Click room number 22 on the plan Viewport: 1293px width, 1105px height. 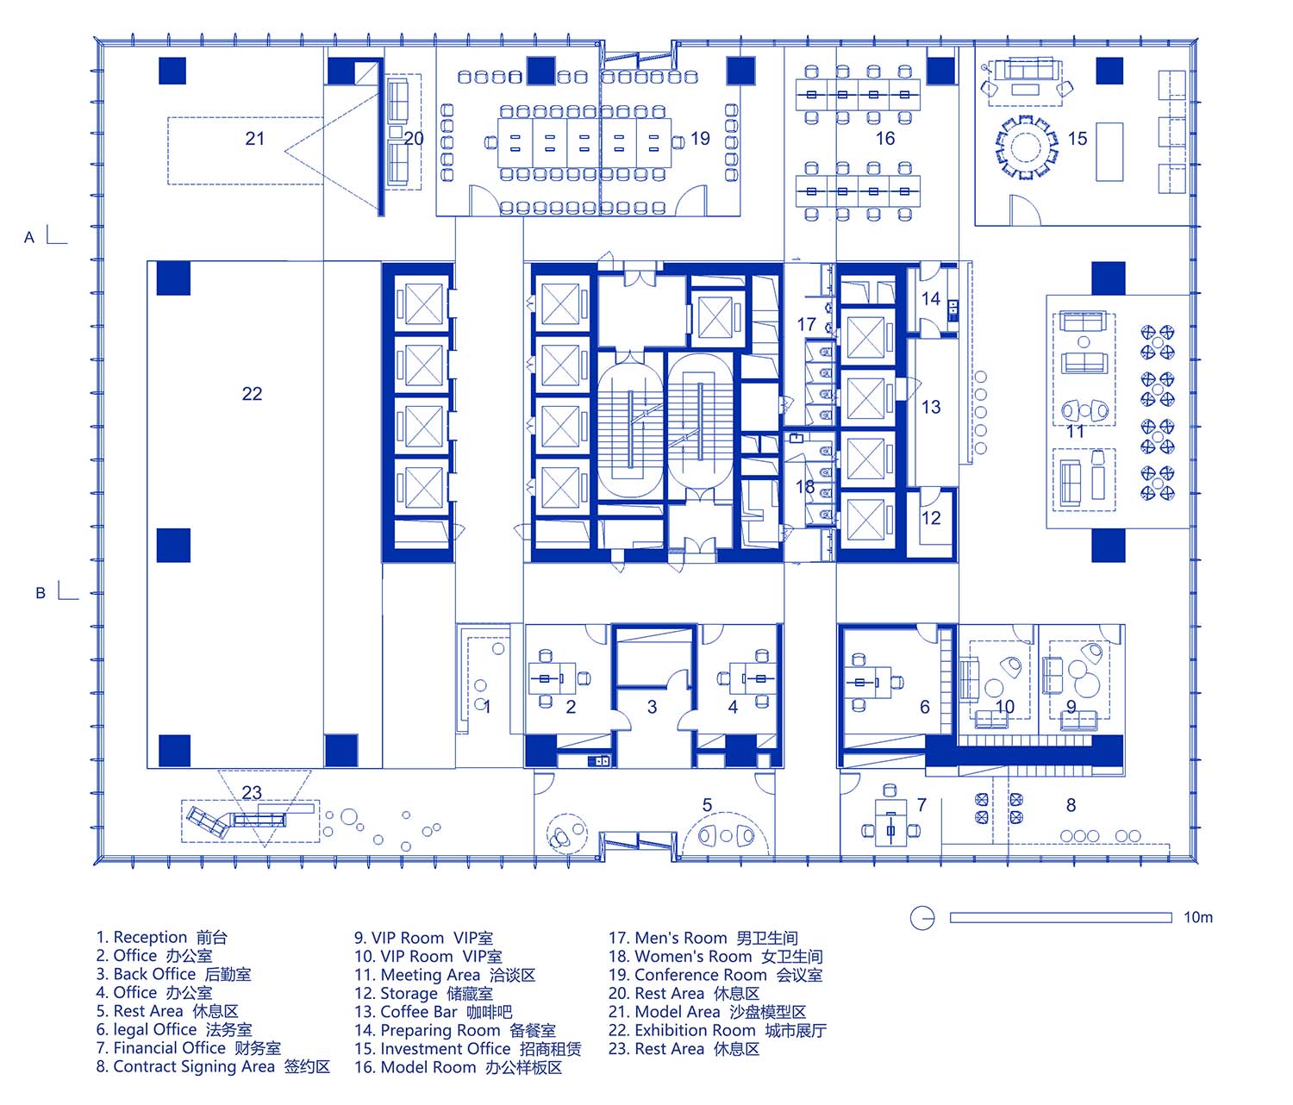click(x=252, y=394)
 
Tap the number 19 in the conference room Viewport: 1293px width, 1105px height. click(x=700, y=138)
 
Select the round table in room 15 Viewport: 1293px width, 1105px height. click(x=1025, y=147)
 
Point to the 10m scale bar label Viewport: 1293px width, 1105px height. click(x=1198, y=917)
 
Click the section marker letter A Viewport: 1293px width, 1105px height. click(x=28, y=238)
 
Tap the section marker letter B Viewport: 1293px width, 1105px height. click(x=41, y=593)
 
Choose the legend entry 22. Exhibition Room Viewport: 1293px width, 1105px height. click(x=717, y=1031)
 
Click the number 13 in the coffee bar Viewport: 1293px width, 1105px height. click(x=931, y=407)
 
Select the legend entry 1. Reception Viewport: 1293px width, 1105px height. click(x=161, y=938)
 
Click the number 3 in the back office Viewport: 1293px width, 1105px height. click(x=652, y=707)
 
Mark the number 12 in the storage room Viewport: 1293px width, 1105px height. click(x=931, y=518)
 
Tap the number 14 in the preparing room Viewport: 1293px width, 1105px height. click(x=931, y=299)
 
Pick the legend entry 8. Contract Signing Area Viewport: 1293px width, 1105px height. click(x=213, y=1067)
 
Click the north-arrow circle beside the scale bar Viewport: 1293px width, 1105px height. click(x=922, y=918)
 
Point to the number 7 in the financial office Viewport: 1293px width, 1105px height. click(x=921, y=805)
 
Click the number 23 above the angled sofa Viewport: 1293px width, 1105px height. click(x=252, y=792)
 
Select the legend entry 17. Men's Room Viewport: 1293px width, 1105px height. click(x=703, y=938)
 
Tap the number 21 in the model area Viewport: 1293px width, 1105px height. click(x=254, y=138)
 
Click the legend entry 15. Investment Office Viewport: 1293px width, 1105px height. click(x=467, y=1049)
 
